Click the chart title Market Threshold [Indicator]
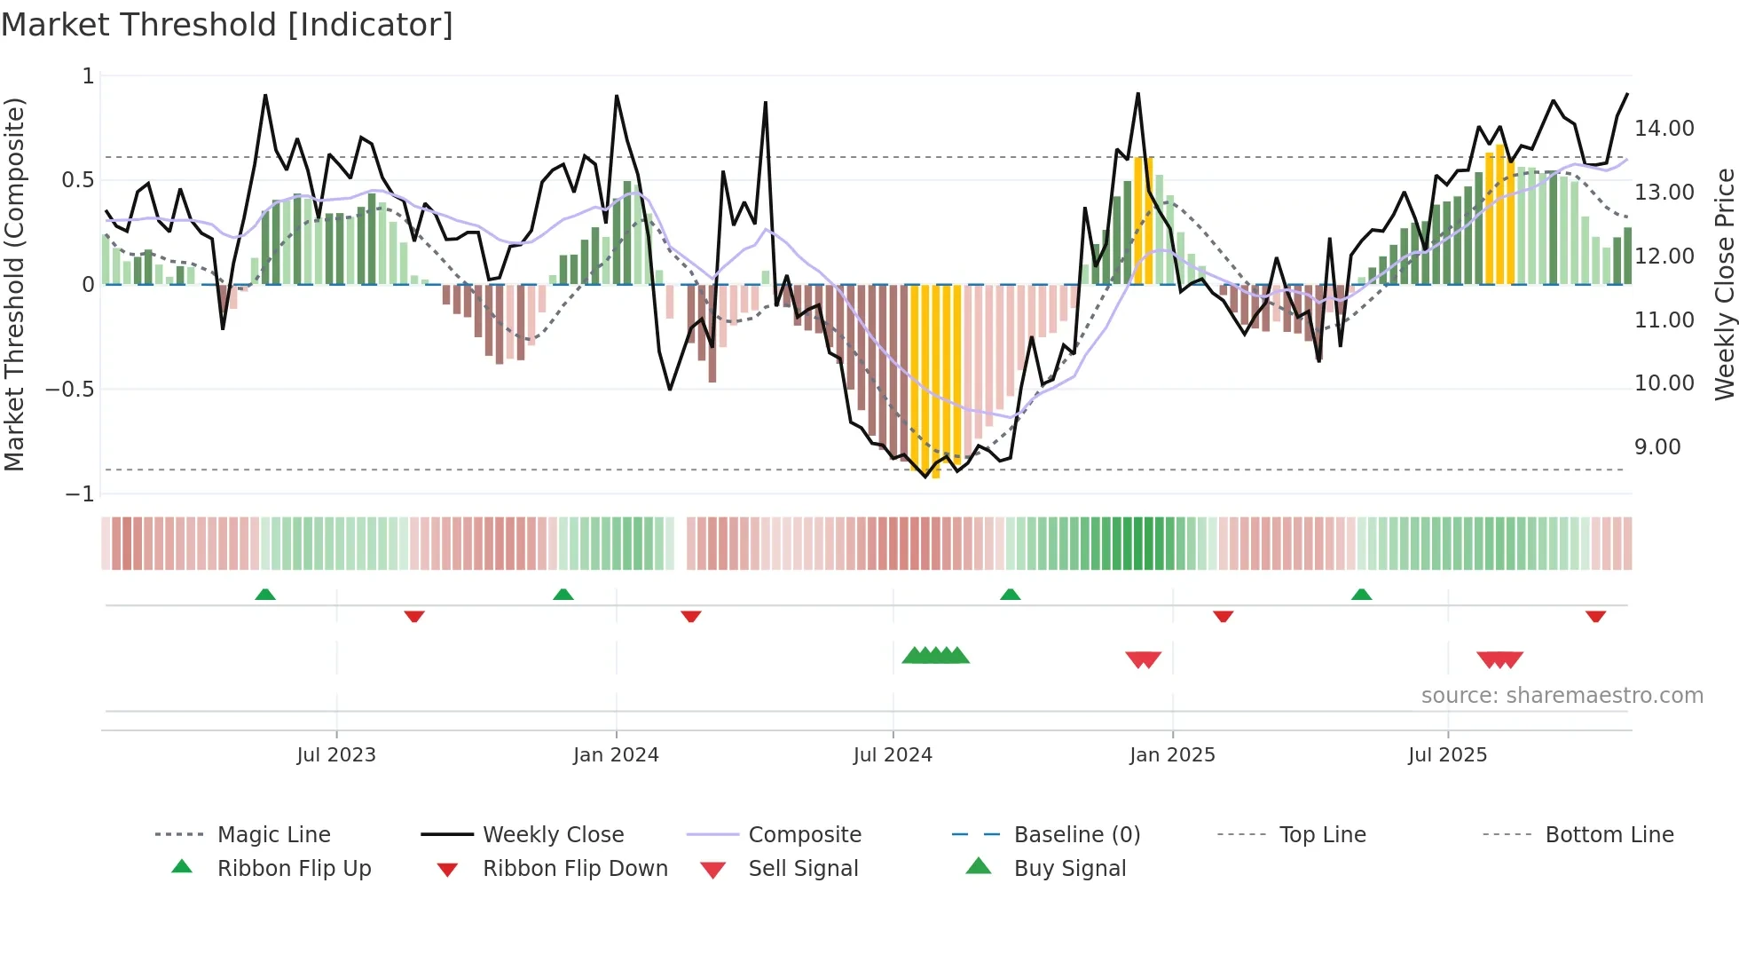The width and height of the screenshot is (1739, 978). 227,25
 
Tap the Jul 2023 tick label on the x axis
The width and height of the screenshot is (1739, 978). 336,755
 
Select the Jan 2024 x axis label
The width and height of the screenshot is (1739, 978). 616,755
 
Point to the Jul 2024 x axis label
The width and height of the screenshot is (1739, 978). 893,755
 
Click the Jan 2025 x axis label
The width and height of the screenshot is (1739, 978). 1172,755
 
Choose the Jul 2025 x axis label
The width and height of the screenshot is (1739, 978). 1447,755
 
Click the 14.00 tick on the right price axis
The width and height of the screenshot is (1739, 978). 1664,129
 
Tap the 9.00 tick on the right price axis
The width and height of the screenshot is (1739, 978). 1657,447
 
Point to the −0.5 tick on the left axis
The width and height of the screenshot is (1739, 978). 70,390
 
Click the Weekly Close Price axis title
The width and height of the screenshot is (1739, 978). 1724,284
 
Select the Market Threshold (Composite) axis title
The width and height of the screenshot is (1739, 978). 14,284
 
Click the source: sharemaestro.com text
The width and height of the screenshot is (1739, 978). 1562,696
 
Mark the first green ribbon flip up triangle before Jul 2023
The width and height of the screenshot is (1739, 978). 265,595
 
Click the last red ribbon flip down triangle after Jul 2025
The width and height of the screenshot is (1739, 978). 1595,616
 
